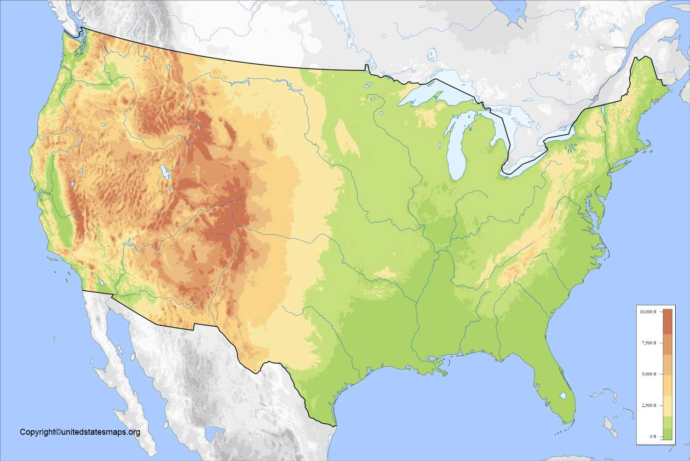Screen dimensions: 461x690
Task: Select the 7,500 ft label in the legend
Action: point(649,343)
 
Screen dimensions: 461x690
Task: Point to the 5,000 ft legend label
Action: point(649,374)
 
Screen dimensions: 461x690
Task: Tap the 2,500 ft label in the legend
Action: point(649,405)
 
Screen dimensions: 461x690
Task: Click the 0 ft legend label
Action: point(653,436)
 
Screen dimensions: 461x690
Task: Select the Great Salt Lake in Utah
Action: point(165,172)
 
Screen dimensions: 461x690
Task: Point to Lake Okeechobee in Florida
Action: point(563,395)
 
